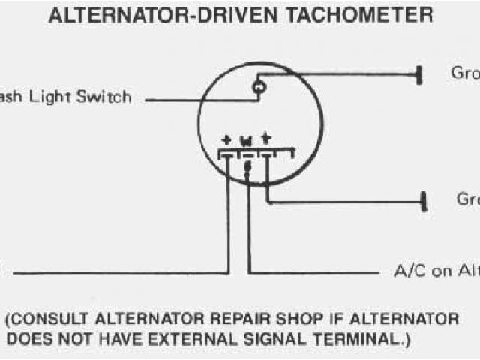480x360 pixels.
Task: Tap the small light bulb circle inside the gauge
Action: click(259, 88)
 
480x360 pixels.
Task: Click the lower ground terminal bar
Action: click(424, 201)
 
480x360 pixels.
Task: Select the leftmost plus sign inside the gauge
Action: click(227, 140)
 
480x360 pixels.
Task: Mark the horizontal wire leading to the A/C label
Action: click(315, 271)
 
